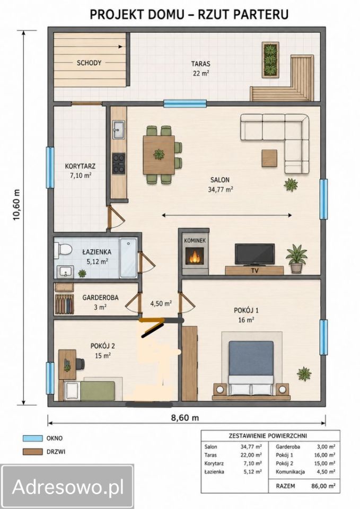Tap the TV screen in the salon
pyautogui.click(x=255, y=254)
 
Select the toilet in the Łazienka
pyautogui.click(x=63, y=250)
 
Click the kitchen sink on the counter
pyautogui.click(x=118, y=129)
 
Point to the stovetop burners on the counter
pyautogui.click(x=118, y=163)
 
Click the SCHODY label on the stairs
pyautogui.click(x=89, y=63)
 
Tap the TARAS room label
pyautogui.click(x=200, y=64)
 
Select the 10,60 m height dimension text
pyautogui.click(x=16, y=205)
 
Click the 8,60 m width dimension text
pyautogui.click(x=185, y=417)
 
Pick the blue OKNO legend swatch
pyautogui.click(x=32, y=438)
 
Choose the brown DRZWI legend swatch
pyautogui.click(x=32, y=452)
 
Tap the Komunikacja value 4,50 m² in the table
pyautogui.click(x=326, y=472)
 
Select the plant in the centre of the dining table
pyautogui.click(x=159, y=154)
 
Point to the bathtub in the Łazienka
pyautogui.click(x=128, y=258)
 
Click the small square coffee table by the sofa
pyautogui.click(x=269, y=158)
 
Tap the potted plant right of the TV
pyautogui.click(x=296, y=259)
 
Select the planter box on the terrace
pyautogui.click(x=270, y=60)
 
